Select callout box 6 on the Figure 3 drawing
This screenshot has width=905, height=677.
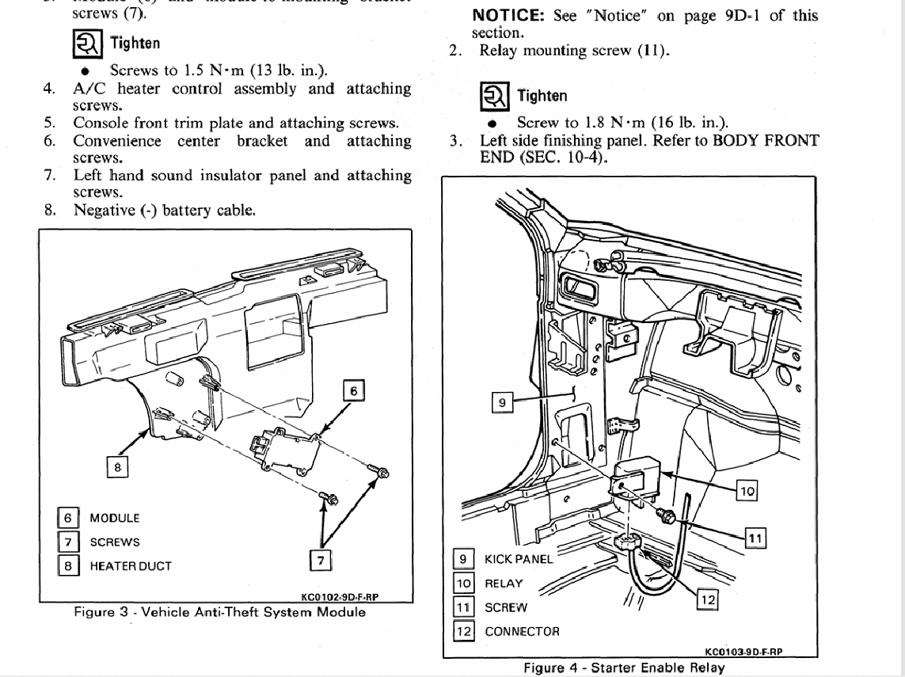pos(354,390)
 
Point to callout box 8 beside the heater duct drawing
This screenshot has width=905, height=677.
pos(117,467)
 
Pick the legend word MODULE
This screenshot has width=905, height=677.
pos(114,518)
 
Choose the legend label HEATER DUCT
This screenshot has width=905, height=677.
pos(130,566)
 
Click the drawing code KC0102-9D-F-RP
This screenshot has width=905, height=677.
pos(345,598)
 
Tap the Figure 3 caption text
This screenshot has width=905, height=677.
pos(219,612)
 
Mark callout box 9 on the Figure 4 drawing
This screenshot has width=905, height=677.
pos(502,403)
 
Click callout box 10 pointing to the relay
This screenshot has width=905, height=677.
pos(747,491)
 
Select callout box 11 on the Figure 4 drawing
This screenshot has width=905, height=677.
pos(756,538)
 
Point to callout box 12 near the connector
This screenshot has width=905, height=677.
pos(708,601)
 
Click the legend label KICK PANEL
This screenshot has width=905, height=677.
pos(519,559)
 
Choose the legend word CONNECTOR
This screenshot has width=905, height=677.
pos(522,632)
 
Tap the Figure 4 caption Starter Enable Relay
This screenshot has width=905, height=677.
pos(624,667)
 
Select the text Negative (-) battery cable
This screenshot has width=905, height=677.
pos(165,211)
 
